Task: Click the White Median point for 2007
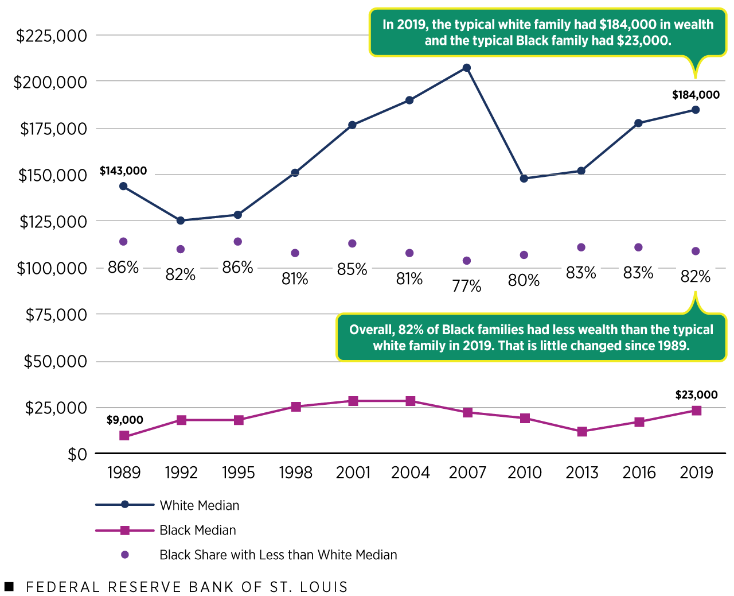[467, 68]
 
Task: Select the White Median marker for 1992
[181, 220]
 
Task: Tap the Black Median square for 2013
[582, 431]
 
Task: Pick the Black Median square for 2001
[353, 401]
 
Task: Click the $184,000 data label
[696, 95]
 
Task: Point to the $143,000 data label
[123, 171]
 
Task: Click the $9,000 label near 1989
[124, 420]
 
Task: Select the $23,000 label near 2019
[696, 395]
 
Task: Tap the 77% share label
[467, 286]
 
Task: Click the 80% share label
[524, 281]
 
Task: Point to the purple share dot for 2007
[467, 261]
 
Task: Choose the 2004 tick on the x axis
[410, 473]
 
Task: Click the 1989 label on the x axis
[124, 473]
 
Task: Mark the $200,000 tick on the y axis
[50, 82]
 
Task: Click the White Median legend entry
[199, 505]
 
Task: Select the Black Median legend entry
[197, 530]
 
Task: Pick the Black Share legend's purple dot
[124, 555]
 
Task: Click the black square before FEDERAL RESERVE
[9, 586]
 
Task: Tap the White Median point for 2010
[524, 179]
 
